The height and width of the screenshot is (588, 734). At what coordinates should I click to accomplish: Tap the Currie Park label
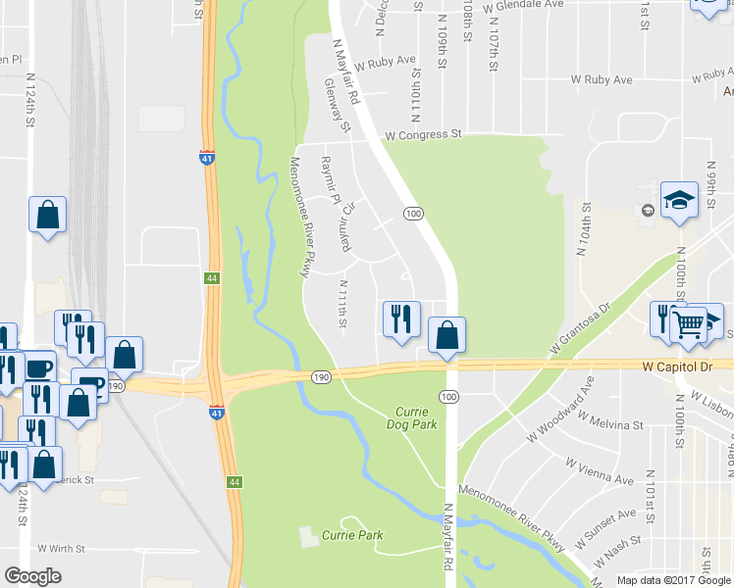pos(353,535)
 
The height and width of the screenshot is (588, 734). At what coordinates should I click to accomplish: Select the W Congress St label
pos(423,134)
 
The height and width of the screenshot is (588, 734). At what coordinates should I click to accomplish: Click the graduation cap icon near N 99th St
pos(679,200)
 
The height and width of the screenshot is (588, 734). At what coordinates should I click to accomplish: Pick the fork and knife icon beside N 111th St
pos(400,318)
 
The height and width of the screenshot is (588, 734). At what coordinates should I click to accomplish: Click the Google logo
pos(33,576)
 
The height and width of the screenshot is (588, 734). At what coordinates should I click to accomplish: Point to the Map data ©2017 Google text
pos(673,580)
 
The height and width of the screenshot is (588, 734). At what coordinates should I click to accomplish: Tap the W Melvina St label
pos(610,422)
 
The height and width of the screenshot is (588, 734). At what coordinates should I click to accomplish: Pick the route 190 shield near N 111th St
pos(321,376)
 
